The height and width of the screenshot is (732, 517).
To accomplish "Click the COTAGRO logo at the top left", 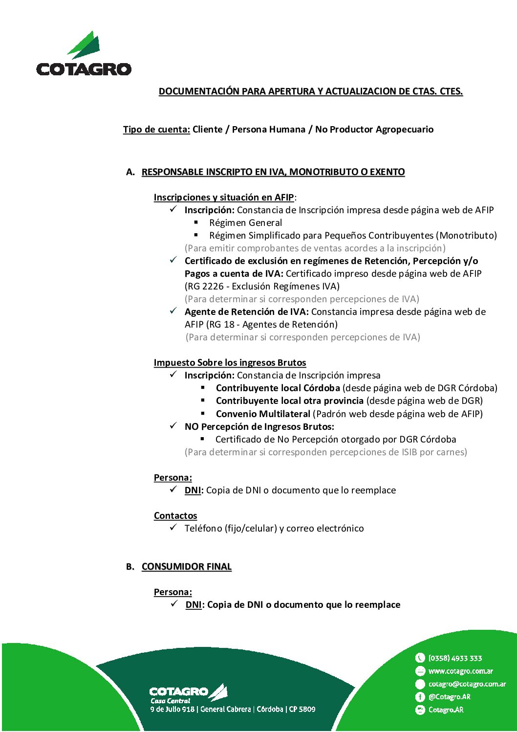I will (84, 54).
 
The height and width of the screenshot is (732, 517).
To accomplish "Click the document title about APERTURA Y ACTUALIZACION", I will (311, 91).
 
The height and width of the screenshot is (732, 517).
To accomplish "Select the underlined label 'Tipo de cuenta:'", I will (156, 130).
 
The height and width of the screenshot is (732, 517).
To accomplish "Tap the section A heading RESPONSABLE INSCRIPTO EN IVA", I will (273, 172).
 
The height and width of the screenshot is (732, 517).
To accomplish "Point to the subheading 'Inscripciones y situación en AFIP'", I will (224, 198).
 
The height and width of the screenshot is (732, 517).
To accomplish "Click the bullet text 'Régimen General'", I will (245, 223).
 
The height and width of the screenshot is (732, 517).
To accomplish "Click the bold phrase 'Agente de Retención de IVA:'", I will (246, 312).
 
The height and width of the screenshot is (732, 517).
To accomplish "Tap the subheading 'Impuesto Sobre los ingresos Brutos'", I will (230, 363).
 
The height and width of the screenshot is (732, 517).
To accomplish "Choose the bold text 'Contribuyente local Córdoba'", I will (278, 388).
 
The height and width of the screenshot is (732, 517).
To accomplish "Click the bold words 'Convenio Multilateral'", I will (263, 414).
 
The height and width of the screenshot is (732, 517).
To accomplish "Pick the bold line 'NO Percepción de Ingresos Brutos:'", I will (259, 427).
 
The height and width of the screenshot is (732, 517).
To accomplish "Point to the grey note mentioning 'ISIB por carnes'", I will (325, 452).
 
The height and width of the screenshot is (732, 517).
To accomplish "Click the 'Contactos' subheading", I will (175, 516).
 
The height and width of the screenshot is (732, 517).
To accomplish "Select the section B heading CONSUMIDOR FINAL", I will (186, 567).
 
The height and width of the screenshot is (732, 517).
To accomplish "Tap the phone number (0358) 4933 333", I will (455, 658).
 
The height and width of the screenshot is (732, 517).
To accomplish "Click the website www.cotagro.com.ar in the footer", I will (460, 671).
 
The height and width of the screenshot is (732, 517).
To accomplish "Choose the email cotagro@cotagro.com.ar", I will (467, 684).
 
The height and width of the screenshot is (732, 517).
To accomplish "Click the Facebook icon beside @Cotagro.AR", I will (420, 697).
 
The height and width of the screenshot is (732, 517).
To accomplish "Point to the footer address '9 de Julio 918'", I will (172, 709).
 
